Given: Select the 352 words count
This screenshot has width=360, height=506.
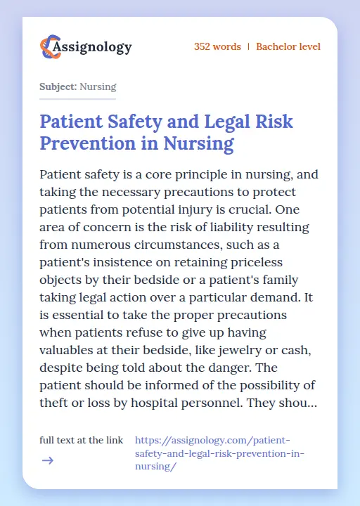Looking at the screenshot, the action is click(x=217, y=47).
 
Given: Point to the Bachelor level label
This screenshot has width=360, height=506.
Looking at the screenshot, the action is click(x=288, y=47).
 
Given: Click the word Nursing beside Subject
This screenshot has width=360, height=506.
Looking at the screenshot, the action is click(x=98, y=87).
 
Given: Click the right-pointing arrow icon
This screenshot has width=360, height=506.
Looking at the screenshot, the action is click(x=47, y=461).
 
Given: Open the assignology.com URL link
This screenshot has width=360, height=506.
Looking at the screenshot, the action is click(x=219, y=453).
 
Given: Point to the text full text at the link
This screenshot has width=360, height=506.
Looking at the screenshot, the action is click(x=82, y=440).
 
